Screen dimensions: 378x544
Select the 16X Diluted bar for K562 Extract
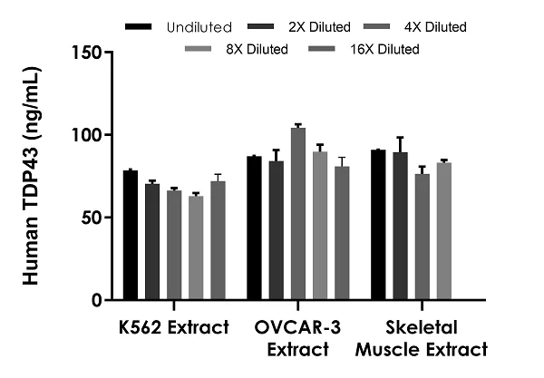[x=218, y=240]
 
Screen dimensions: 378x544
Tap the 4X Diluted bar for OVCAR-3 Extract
[x=298, y=214]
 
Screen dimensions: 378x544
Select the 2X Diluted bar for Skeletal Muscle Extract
[x=400, y=226]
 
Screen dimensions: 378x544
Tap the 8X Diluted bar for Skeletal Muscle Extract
[x=443, y=231]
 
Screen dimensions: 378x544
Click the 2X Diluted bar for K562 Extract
[x=152, y=242]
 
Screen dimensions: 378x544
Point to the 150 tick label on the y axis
[x=88, y=53]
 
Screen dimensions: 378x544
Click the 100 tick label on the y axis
[x=88, y=135]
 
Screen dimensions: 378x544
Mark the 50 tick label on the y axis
[x=92, y=218]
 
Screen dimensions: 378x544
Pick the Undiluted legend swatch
[x=138, y=27]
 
